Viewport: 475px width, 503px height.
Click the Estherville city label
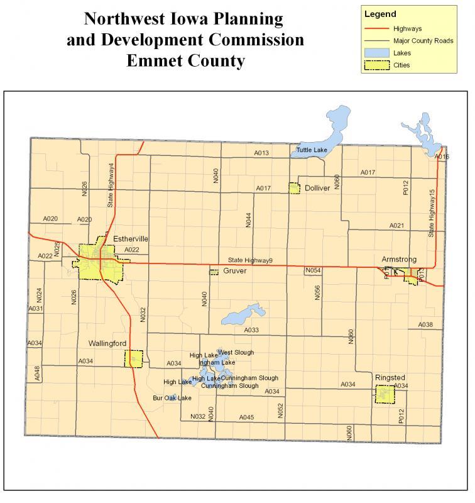[x=131, y=239]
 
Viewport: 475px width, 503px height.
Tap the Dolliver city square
[x=294, y=188]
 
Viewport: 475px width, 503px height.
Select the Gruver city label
[x=234, y=272]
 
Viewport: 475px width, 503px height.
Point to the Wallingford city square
[x=134, y=359]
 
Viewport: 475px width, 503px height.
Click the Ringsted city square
[x=385, y=394]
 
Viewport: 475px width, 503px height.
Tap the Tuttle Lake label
[x=311, y=151]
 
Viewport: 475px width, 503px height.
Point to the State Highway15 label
[x=432, y=213]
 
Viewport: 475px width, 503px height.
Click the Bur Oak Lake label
[x=172, y=398]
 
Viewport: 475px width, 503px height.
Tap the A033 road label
[x=251, y=329]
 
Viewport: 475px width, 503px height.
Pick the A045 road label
[x=246, y=417]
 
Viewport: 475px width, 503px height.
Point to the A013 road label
[x=261, y=153]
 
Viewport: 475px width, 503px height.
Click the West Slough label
[x=236, y=353]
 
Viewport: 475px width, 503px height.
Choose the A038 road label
[x=425, y=324]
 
